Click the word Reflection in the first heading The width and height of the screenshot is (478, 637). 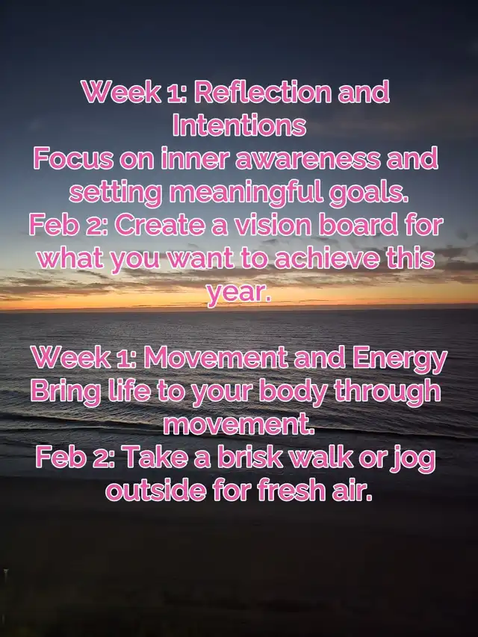point(263,92)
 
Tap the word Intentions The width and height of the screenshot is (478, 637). point(239,125)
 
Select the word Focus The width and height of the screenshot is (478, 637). point(73,158)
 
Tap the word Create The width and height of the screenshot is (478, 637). point(160,225)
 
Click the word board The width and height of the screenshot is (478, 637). point(358,225)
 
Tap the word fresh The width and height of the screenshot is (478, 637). point(291,491)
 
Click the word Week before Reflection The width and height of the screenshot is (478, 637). point(121,92)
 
